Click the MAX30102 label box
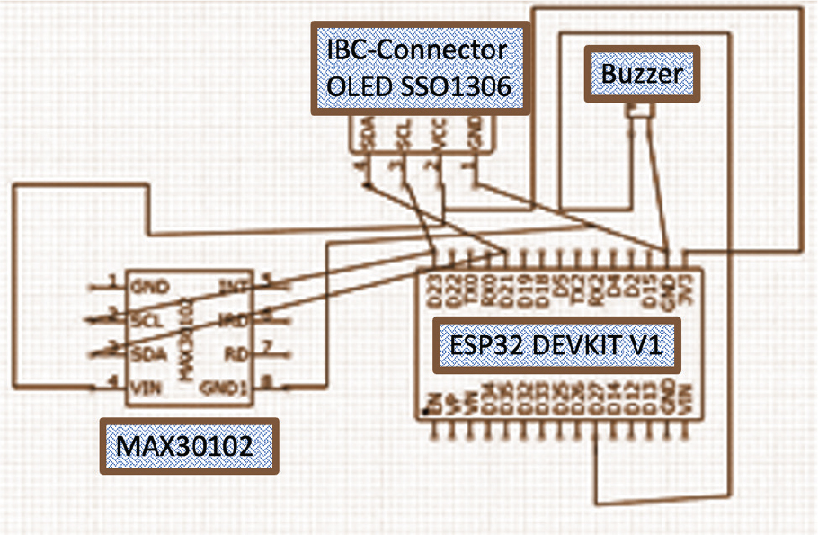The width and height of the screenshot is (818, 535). (x=188, y=445)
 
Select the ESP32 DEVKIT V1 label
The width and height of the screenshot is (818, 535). (x=556, y=345)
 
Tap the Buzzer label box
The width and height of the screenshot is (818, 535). (x=641, y=74)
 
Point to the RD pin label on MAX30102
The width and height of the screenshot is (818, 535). (x=236, y=352)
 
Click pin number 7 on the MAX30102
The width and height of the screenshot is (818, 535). (x=266, y=346)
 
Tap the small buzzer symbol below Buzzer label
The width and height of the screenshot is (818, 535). (x=639, y=111)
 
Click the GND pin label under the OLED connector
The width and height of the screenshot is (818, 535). (x=475, y=137)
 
